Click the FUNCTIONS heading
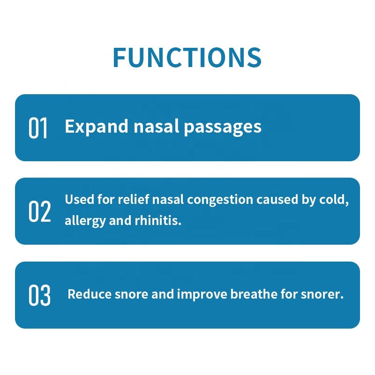pyautogui.click(x=187, y=57)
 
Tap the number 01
pyautogui.click(x=38, y=128)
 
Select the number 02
pyautogui.click(x=39, y=211)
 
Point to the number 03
pyautogui.click(x=39, y=296)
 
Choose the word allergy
pyautogui.click(x=85, y=221)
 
